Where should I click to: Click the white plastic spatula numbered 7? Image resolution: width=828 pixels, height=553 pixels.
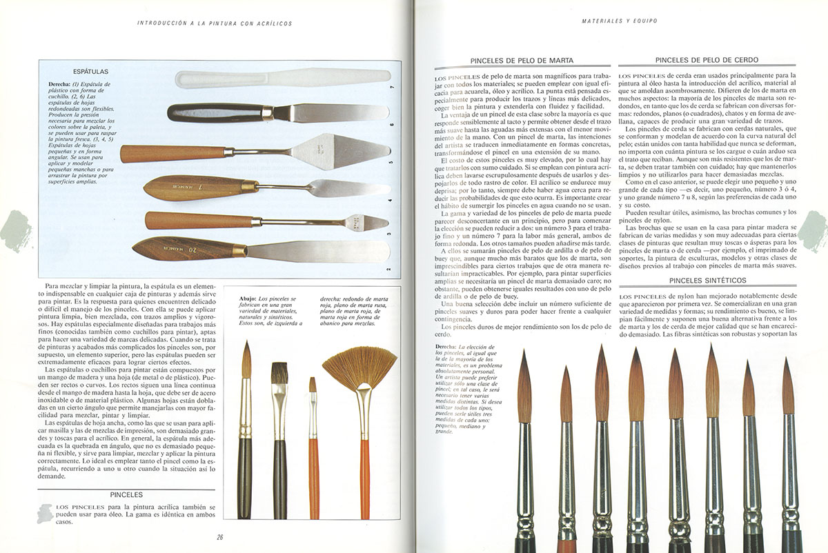click(276, 78)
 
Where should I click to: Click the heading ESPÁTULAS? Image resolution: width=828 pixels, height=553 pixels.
click(90, 71)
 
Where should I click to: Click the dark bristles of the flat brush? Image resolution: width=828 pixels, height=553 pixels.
click(279, 376)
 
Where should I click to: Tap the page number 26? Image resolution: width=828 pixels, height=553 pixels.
click(219, 537)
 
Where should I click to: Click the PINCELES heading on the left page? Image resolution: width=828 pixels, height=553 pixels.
click(126, 494)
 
